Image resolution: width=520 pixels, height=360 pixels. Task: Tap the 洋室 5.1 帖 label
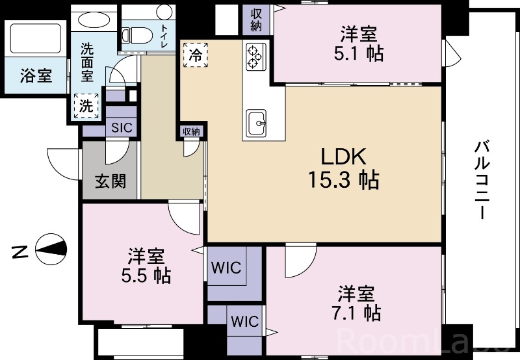(x=359, y=44)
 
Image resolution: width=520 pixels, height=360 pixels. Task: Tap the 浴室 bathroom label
(x=36, y=75)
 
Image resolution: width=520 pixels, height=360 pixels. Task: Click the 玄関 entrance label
(x=110, y=181)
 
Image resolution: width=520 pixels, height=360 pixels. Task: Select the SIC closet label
(x=122, y=127)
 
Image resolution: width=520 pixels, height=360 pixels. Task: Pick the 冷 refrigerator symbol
(x=195, y=55)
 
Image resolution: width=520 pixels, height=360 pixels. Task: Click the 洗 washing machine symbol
(x=86, y=106)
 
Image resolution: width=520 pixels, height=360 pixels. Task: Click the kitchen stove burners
(x=254, y=57)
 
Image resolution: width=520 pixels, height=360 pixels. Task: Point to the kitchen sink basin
(x=257, y=121)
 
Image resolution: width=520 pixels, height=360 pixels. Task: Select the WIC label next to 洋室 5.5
(x=226, y=268)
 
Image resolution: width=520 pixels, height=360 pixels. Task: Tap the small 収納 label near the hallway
(x=192, y=131)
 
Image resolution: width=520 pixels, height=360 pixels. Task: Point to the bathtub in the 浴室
(x=33, y=40)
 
